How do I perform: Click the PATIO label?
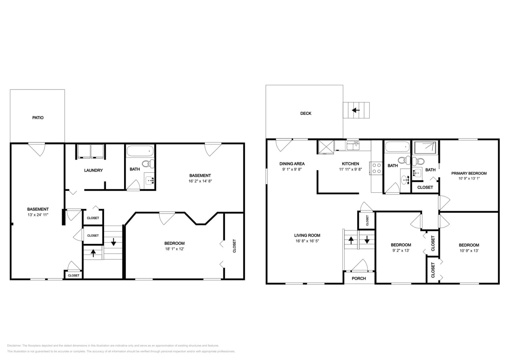tap(38, 118)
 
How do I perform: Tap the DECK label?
tap(306, 113)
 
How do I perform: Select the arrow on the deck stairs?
tap(356, 110)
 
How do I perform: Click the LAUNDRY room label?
tap(93, 170)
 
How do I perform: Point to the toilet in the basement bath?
tap(148, 163)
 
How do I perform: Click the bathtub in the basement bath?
tap(140, 151)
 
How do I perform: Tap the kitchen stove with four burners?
tap(377, 168)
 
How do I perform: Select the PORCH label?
tap(359, 278)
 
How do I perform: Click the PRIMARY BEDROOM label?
tap(469, 173)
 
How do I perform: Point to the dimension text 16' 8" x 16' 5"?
tap(307, 241)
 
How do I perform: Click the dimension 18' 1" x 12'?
tap(174, 249)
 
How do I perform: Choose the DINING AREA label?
tap(292, 164)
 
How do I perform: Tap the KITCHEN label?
tap(350, 164)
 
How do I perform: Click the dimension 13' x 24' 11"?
tap(38, 214)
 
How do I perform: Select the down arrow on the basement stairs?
tap(114, 242)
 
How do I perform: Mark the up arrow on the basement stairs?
tap(93, 253)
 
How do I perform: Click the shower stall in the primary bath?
tap(425, 148)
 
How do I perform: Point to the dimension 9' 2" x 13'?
tap(401, 251)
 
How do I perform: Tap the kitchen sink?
tap(353, 146)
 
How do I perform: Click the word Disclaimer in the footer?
tap(14, 346)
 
